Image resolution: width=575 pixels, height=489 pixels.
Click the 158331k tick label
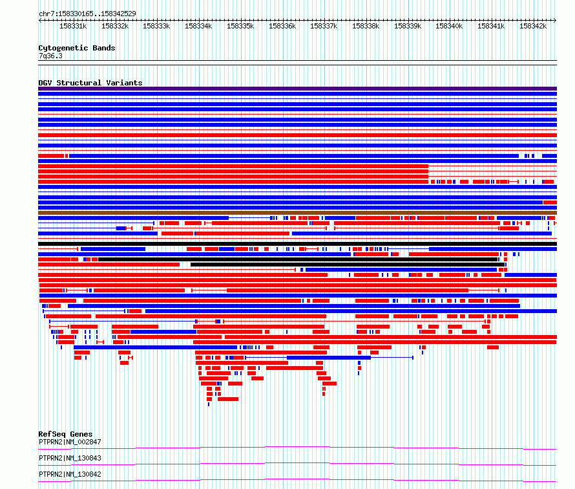click(73, 26)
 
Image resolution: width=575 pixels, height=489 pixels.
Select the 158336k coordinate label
click(282, 26)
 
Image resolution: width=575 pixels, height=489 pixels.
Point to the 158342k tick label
click(533, 26)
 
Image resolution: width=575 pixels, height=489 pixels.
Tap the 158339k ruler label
click(408, 26)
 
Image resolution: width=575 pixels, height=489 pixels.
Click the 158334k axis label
click(198, 26)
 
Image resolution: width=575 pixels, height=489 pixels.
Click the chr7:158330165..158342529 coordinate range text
click(87, 14)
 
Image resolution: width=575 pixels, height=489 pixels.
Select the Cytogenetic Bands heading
click(77, 48)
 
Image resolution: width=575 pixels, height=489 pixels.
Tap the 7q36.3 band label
click(50, 56)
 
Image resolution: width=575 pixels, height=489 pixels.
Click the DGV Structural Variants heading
click(90, 83)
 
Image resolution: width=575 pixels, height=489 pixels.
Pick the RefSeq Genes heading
click(65, 434)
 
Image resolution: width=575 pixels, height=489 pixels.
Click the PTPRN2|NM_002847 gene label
click(70, 442)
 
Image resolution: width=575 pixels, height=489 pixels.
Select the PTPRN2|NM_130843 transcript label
click(70, 458)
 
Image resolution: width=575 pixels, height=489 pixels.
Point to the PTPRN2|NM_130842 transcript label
click(70, 474)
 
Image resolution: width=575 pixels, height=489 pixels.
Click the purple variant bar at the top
click(297, 89)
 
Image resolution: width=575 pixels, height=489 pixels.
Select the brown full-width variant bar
click(297, 213)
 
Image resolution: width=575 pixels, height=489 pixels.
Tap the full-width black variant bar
click(297, 244)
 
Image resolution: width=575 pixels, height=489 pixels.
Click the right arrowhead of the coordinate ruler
click(556, 20)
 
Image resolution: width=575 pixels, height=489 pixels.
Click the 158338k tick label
click(366, 26)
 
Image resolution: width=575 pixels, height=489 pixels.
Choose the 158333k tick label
click(156, 26)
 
